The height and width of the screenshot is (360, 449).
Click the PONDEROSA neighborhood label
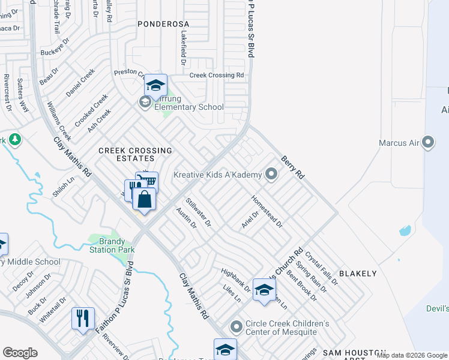point(163,24)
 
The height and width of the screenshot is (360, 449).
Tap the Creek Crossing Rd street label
point(217,76)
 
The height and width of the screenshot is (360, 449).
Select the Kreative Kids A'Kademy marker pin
point(271,175)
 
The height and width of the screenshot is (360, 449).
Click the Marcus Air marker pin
point(428,143)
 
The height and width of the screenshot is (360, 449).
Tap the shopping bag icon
point(145,200)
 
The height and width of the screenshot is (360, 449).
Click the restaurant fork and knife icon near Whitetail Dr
point(83,318)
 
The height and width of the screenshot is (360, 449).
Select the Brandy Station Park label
point(112,245)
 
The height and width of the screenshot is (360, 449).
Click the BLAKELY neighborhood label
point(358,274)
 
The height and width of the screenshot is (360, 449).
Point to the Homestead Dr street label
point(267,211)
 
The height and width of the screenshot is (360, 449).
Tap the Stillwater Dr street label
point(199,212)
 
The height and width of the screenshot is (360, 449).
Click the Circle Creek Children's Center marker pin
point(237,328)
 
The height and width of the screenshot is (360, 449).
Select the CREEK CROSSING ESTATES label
point(135,154)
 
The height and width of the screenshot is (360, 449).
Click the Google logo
point(20,353)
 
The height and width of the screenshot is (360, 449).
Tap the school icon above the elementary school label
point(155,86)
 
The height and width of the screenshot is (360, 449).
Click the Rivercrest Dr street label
point(7,93)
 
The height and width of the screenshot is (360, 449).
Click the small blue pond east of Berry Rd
point(405,230)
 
